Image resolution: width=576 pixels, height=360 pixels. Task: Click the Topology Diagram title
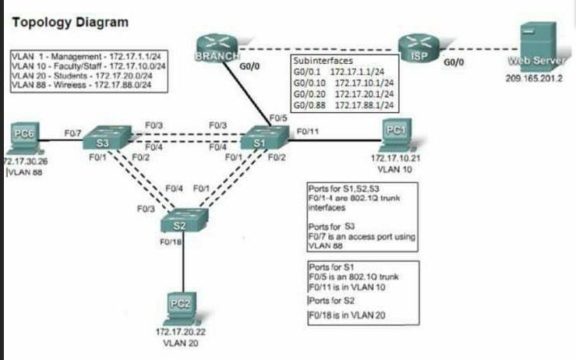70,22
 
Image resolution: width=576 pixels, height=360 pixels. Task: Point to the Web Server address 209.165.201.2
535,78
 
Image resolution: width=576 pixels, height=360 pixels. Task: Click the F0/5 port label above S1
278,118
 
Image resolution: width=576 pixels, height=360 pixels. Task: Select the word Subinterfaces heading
322,59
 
